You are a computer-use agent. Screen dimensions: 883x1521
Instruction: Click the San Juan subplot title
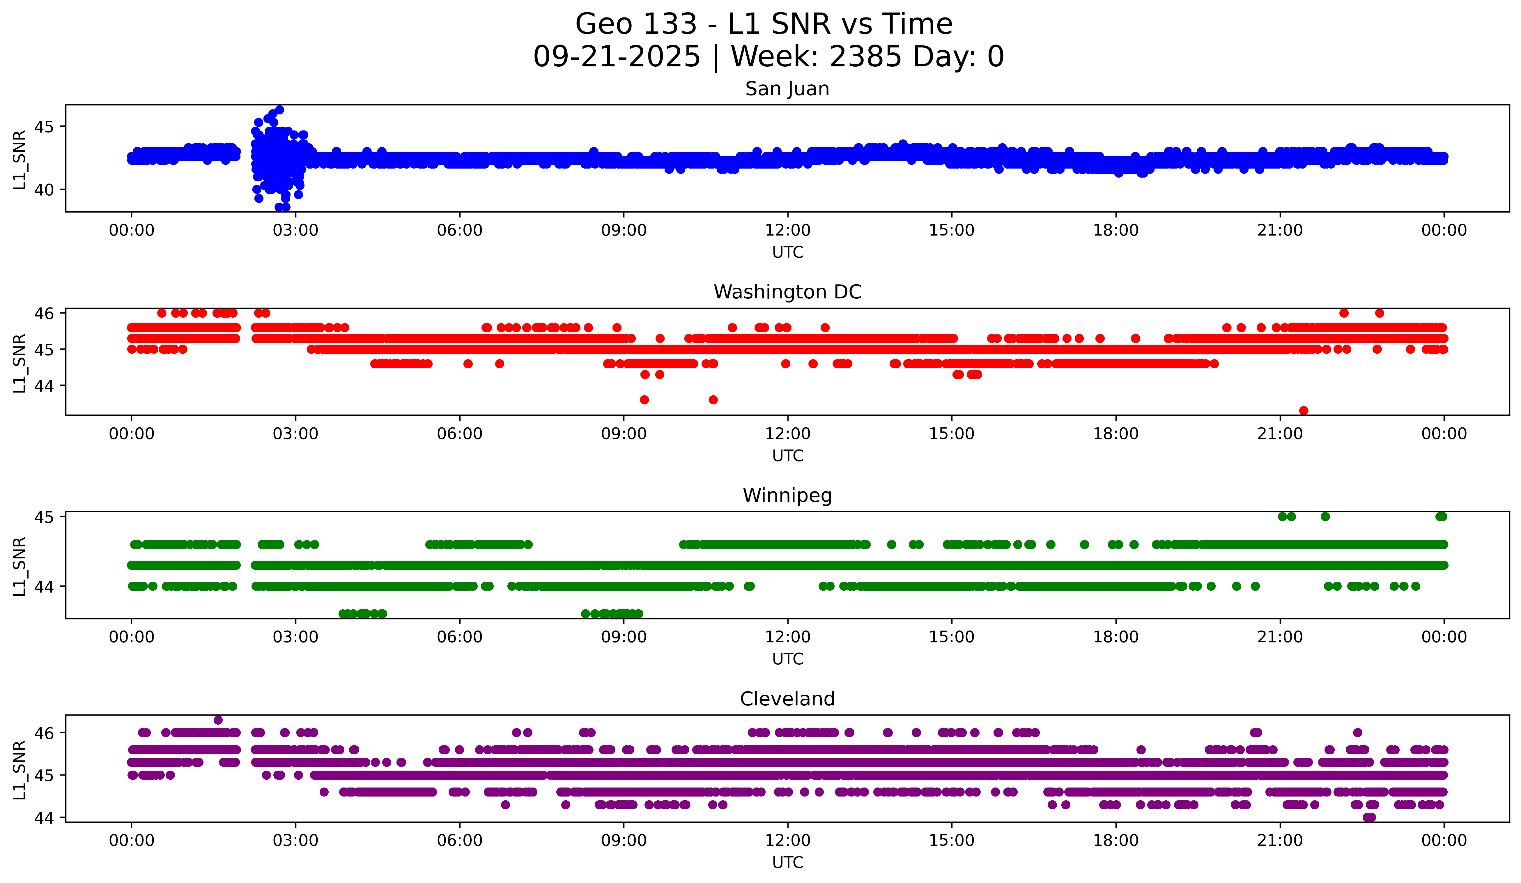click(787, 89)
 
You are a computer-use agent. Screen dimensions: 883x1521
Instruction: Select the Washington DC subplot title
click(787, 292)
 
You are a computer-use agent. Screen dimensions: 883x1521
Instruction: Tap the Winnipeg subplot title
click(787, 496)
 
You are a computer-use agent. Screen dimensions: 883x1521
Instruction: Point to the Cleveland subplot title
click(787, 699)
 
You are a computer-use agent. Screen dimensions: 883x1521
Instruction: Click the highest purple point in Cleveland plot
click(218, 720)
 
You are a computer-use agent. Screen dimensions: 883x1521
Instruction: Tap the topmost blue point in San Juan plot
click(279, 110)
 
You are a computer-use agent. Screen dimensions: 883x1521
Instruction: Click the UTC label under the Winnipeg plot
click(787, 659)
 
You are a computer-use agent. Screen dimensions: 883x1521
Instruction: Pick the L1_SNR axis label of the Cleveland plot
click(19, 770)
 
